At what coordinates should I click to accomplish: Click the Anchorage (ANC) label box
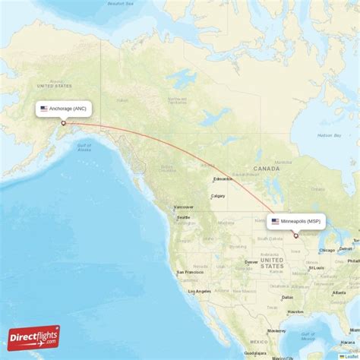tap(64, 109)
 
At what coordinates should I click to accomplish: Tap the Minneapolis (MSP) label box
tap(297, 222)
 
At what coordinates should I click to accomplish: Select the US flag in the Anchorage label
tap(44, 109)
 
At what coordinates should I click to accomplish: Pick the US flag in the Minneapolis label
tap(275, 222)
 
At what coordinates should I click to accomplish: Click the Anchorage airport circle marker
tap(64, 123)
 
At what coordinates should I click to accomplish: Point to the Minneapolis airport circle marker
tap(295, 236)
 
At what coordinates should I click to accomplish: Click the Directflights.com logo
tap(33, 337)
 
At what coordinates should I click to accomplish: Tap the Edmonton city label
tap(223, 179)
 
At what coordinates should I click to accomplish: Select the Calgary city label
tap(218, 196)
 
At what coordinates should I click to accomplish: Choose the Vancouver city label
tap(184, 207)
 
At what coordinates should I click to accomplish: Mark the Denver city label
tap(251, 262)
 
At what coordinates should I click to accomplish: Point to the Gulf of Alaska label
tap(84, 147)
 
